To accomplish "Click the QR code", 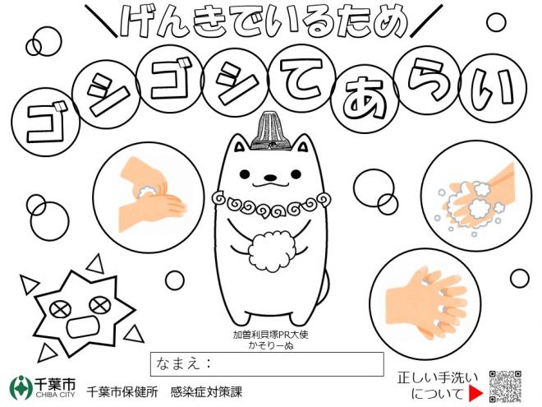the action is [505, 386].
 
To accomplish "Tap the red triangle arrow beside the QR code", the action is [476, 393].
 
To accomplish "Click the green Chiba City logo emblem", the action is [21, 387].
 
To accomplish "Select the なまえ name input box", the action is [267, 364].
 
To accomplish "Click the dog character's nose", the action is [270, 178].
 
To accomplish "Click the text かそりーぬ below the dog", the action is [271, 345].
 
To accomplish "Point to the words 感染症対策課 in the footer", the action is [206, 391].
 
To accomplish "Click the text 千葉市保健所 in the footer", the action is [122, 391].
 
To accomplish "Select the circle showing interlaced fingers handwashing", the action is [425, 304].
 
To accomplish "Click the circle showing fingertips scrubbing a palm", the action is [149, 197].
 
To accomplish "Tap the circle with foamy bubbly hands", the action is [476, 196].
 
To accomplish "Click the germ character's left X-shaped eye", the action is [60, 309].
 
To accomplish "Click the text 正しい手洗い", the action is [438, 378].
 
